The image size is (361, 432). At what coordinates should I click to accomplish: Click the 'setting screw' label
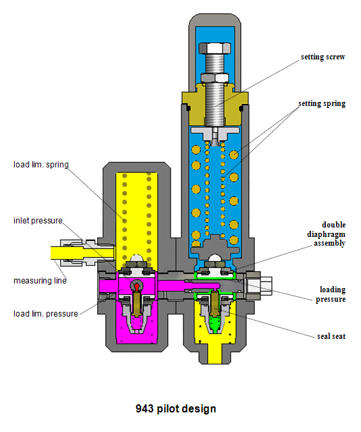click(323, 57)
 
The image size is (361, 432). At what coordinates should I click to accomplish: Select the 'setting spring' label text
click(322, 103)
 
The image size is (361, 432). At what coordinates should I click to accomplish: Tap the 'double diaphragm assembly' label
click(327, 234)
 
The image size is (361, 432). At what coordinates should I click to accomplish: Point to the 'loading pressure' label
click(331, 294)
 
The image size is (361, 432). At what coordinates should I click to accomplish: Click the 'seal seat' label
click(331, 336)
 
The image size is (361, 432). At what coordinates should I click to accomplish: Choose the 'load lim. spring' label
click(41, 165)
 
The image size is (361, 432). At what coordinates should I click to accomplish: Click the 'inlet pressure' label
click(38, 221)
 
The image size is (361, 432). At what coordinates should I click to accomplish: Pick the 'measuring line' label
click(40, 281)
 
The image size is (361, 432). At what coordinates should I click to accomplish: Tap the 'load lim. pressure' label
click(46, 314)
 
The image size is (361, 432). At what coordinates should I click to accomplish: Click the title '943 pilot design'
click(175, 408)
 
